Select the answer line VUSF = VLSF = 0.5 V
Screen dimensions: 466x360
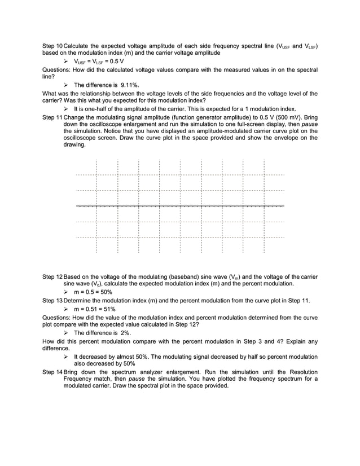tap(99, 60)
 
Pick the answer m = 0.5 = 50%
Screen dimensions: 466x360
tap(93, 293)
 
